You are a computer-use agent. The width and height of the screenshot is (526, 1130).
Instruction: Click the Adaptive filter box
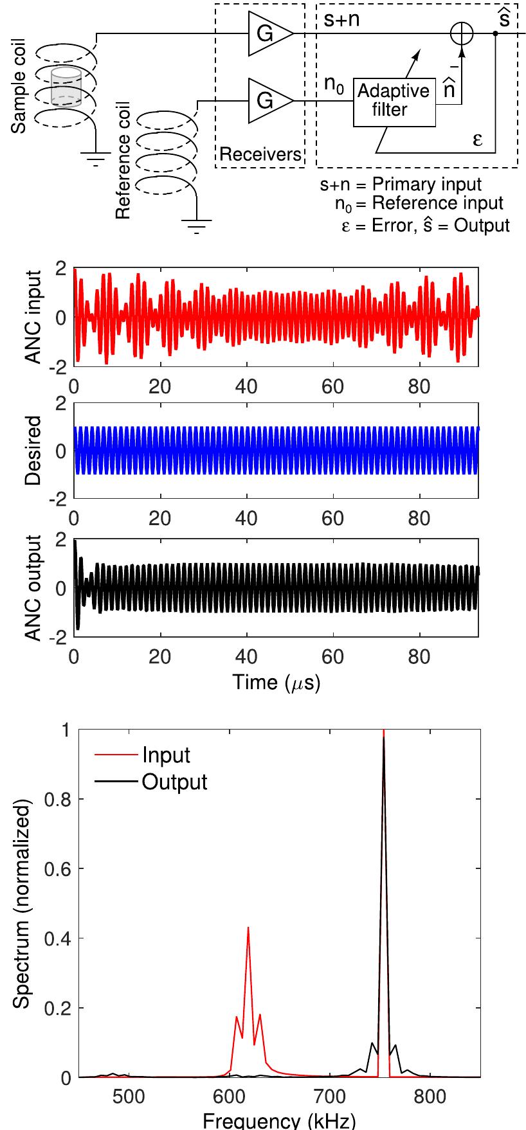(394, 102)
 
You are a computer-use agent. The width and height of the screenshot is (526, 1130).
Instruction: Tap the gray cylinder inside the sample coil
(66, 88)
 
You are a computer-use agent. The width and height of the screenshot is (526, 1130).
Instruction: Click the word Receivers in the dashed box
(260, 154)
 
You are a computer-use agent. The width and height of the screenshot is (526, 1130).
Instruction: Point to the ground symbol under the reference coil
(197, 225)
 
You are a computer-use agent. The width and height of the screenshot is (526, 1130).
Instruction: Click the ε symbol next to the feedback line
(478, 139)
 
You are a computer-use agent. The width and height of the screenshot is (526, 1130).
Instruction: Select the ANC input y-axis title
(33, 317)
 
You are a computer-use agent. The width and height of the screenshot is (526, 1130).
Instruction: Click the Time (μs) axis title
(276, 682)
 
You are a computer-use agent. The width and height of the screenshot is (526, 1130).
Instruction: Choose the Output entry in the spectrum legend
(174, 782)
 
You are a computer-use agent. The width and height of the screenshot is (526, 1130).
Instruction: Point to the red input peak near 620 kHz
(248, 928)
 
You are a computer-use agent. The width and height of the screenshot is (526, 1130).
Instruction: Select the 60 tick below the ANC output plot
(333, 656)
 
